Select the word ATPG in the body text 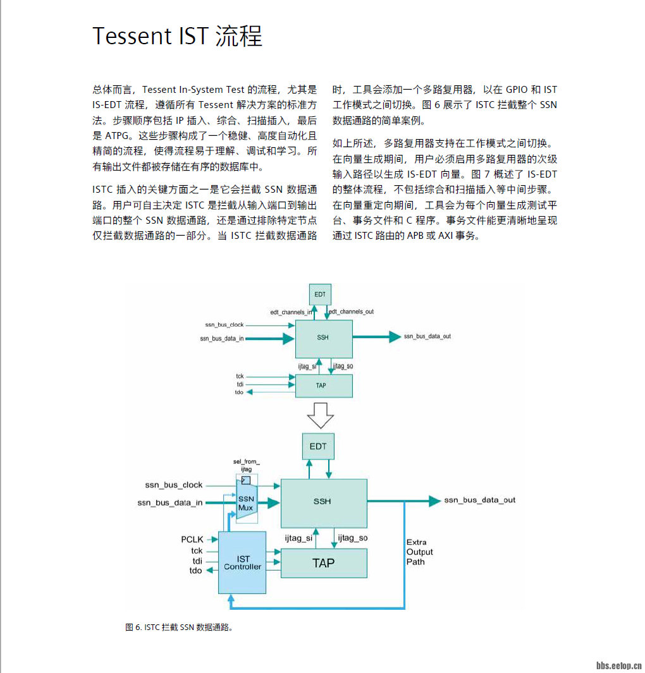coord(121,136)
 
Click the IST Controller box coord(242,562)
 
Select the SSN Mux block coord(246,503)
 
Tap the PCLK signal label coord(192,539)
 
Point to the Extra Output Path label coord(419,552)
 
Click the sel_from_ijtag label coord(247,466)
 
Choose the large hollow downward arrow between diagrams coord(319,415)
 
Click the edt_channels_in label coord(291,312)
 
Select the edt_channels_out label coord(352,312)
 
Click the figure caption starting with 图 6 coord(180,628)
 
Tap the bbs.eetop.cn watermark coord(619,665)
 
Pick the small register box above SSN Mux coord(245,480)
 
